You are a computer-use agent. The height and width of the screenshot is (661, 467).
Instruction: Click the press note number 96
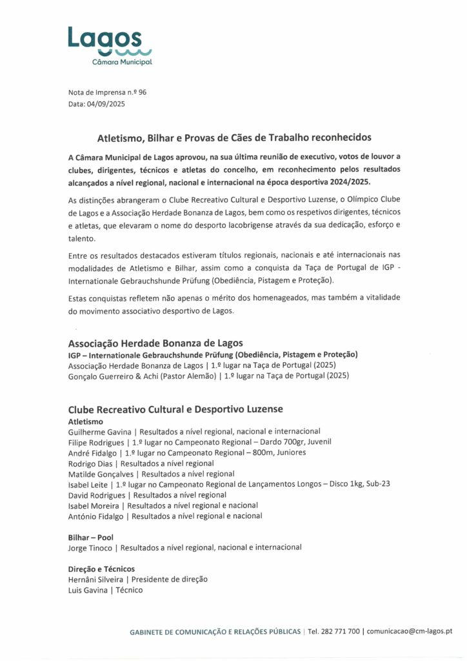pos(142,92)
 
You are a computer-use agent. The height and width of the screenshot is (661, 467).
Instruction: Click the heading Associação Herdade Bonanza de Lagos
pos(155,343)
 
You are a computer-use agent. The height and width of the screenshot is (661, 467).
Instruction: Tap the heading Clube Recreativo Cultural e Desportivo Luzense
pos(175,409)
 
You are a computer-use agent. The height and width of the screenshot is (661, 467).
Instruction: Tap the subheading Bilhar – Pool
pos(91,537)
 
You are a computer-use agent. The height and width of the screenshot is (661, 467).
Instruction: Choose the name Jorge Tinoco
pos(90,547)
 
